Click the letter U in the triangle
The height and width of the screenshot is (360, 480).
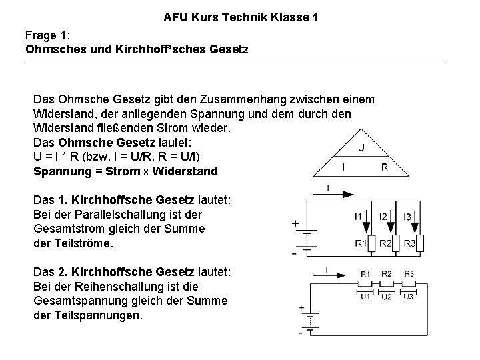point(360,147)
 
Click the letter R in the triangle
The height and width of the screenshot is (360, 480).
point(384,167)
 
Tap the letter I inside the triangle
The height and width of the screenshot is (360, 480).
point(343,167)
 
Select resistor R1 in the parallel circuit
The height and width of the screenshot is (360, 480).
point(372,244)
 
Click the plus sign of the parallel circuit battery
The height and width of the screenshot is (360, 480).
point(295,224)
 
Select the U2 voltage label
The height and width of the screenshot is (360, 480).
point(387,297)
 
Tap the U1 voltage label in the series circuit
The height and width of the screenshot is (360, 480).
point(365,297)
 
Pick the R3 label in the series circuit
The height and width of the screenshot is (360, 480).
point(409,273)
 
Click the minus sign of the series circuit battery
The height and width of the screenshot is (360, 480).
point(301,334)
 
